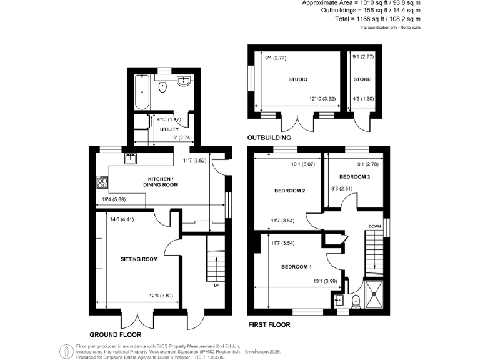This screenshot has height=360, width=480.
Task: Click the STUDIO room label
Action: (x=299, y=79)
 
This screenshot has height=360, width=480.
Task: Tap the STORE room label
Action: (x=362, y=79)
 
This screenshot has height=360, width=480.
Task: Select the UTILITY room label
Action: (x=169, y=129)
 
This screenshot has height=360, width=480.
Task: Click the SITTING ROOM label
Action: (x=139, y=259)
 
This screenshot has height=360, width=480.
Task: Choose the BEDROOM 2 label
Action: (x=289, y=191)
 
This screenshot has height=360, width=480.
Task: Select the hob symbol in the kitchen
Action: (x=103, y=182)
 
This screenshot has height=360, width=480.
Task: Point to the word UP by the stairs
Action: (x=216, y=287)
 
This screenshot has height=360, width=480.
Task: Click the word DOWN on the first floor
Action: (x=374, y=226)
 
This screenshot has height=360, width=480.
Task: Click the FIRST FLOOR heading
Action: (x=269, y=325)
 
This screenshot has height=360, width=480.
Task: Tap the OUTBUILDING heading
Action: (x=271, y=137)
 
